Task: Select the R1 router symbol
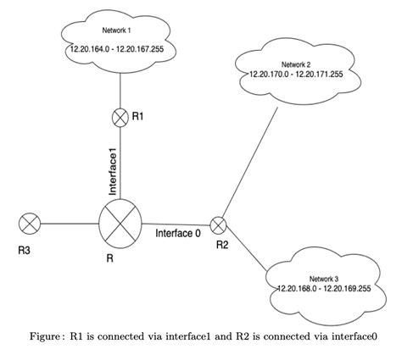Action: [120, 118]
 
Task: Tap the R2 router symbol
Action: [219, 224]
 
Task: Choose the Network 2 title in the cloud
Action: [296, 64]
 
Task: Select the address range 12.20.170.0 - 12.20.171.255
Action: [297, 75]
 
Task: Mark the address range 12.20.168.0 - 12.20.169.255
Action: [326, 289]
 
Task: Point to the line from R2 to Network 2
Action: [250, 161]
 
